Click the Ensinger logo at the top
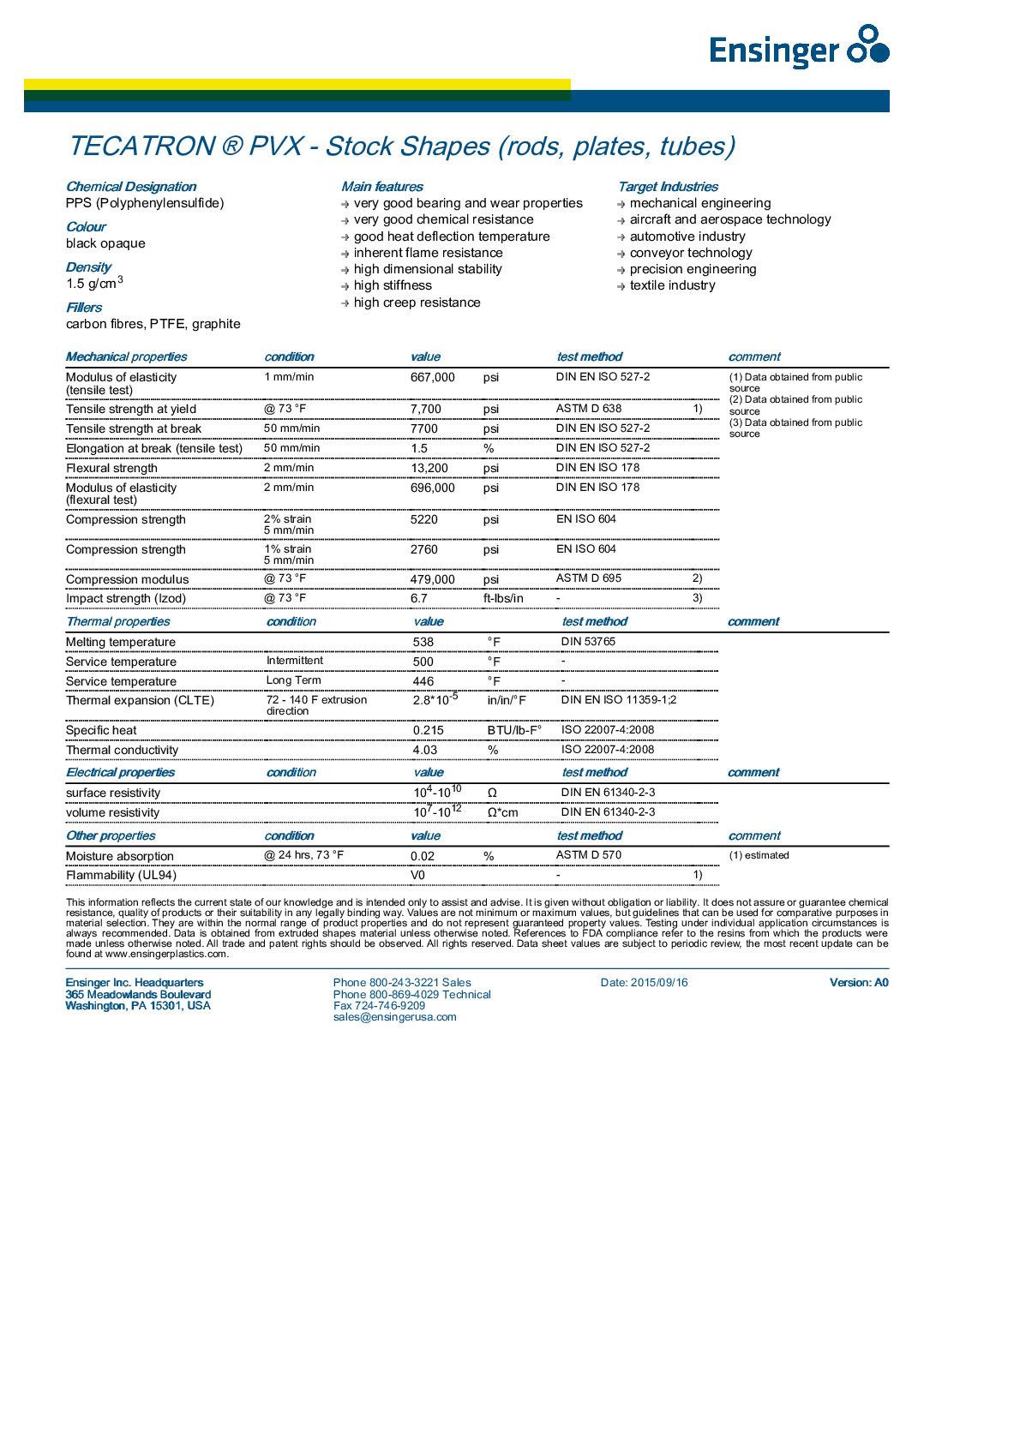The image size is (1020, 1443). pyautogui.click(x=798, y=47)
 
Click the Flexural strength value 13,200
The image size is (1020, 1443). pyautogui.click(x=429, y=468)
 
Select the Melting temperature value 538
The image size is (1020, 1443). pyautogui.click(x=423, y=642)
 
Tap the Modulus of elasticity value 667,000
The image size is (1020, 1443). pyautogui.click(x=432, y=377)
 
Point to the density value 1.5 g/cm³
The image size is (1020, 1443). pyautogui.click(x=94, y=283)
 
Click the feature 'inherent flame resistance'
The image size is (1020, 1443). pyautogui.click(x=428, y=253)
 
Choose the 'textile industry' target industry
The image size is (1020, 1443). pyautogui.click(x=672, y=285)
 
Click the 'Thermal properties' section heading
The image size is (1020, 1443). pyautogui.click(x=118, y=621)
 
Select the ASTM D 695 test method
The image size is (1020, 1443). pyautogui.click(x=588, y=578)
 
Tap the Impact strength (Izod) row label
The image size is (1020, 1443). pyautogui.click(x=126, y=598)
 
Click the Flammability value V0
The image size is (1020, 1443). pyautogui.click(x=417, y=875)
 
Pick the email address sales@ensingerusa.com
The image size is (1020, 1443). pyautogui.click(x=394, y=1017)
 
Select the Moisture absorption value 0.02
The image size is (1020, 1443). pyautogui.click(x=422, y=856)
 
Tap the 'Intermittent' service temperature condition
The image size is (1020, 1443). pyautogui.click(x=294, y=661)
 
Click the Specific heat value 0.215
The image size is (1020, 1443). pyautogui.click(x=428, y=730)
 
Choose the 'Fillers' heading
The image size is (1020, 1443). pyautogui.click(x=84, y=308)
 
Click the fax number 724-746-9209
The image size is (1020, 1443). pyautogui.click(x=379, y=1006)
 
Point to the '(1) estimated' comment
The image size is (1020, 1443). pyautogui.click(x=759, y=855)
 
